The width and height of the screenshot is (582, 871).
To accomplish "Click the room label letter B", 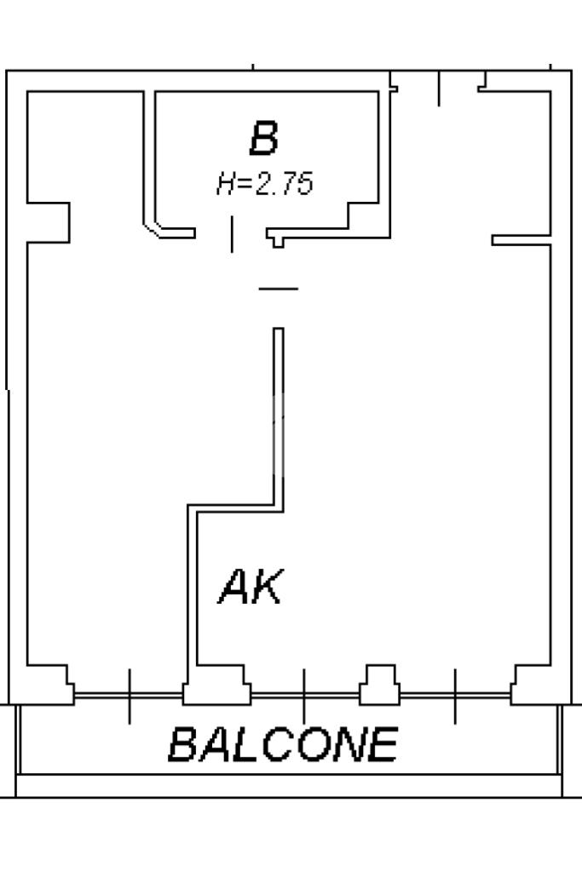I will pyautogui.click(x=264, y=139).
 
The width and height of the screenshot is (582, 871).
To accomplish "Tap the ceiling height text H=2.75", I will pyautogui.click(x=265, y=183).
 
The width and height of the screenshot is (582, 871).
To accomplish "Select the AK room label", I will pyautogui.click(x=250, y=587).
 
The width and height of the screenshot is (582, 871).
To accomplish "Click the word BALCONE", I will pyautogui.click(x=283, y=745).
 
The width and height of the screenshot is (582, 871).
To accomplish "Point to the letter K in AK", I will pyautogui.click(x=267, y=587).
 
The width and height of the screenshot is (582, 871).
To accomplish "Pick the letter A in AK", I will pyautogui.click(x=234, y=587).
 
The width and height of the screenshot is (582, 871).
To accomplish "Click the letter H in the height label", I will pyautogui.click(x=226, y=183).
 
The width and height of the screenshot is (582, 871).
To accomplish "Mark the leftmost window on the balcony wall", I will pyautogui.click(x=129, y=696).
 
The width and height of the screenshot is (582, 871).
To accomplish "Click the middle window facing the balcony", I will pyautogui.click(x=304, y=696).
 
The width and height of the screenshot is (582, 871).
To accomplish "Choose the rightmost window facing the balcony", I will pyautogui.click(x=455, y=696).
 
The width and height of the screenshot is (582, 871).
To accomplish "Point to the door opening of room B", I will pyautogui.click(x=231, y=233).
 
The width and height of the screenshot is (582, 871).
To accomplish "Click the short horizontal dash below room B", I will pyautogui.click(x=279, y=289).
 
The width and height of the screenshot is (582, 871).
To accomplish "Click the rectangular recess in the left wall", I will pyautogui.click(x=49, y=222).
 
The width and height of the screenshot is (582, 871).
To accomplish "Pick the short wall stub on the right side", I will pyautogui.click(x=521, y=241).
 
